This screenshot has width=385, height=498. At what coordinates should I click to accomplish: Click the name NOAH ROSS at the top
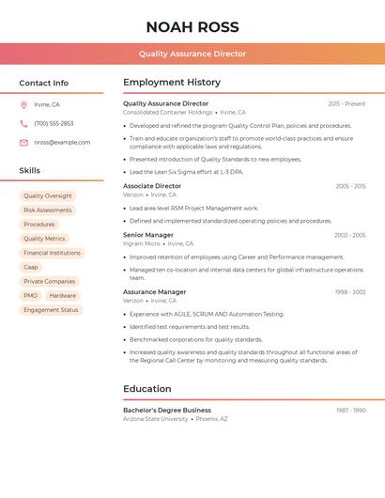(x=192, y=27)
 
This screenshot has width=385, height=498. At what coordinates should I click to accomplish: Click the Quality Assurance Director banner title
(x=192, y=54)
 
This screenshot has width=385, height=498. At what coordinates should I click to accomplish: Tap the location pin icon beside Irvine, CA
(x=23, y=105)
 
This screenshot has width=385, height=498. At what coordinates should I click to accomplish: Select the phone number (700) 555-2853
(x=54, y=123)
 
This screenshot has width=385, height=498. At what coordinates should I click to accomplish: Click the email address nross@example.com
(x=62, y=142)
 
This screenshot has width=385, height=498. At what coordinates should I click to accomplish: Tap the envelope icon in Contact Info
(x=23, y=142)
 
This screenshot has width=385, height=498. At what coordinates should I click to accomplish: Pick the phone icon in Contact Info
(x=23, y=123)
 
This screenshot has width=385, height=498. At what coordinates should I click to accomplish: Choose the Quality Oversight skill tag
(x=48, y=196)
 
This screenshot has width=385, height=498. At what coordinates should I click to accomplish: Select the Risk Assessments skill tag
(x=48, y=210)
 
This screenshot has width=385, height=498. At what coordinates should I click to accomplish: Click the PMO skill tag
(x=31, y=296)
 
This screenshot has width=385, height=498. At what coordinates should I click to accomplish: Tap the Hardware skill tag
(x=63, y=296)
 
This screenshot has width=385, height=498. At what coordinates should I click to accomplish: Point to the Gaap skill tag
(x=31, y=267)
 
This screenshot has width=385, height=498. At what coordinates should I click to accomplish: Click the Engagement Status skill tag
(x=51, y=310)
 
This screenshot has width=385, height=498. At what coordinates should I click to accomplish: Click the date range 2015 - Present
(x=346, y=103)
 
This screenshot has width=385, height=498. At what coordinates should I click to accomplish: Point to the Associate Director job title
(x=152, y=186)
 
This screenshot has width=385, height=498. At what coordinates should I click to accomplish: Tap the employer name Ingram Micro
(x=141, y=243)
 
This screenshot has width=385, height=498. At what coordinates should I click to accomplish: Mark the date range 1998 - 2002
(x=350, y=292)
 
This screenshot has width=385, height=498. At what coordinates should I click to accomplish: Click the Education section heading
(x=147, y=389)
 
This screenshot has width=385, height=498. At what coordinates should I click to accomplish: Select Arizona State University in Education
(x=155, y=419)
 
